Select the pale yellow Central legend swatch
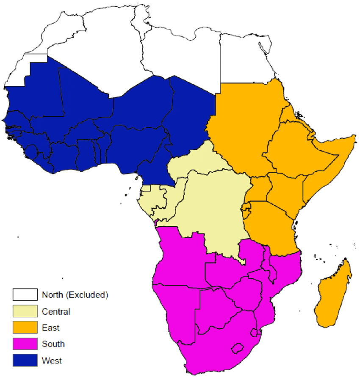[25, 311]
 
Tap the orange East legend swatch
[25, 327]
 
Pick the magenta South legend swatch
[25, 344]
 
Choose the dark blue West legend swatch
[25, 360]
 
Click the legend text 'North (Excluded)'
[75, 294]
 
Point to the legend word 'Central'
[56, 312]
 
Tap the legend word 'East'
[51, 328]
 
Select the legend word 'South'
[53, 344]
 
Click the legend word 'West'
[52, 361]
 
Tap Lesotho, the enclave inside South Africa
[238, 349]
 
